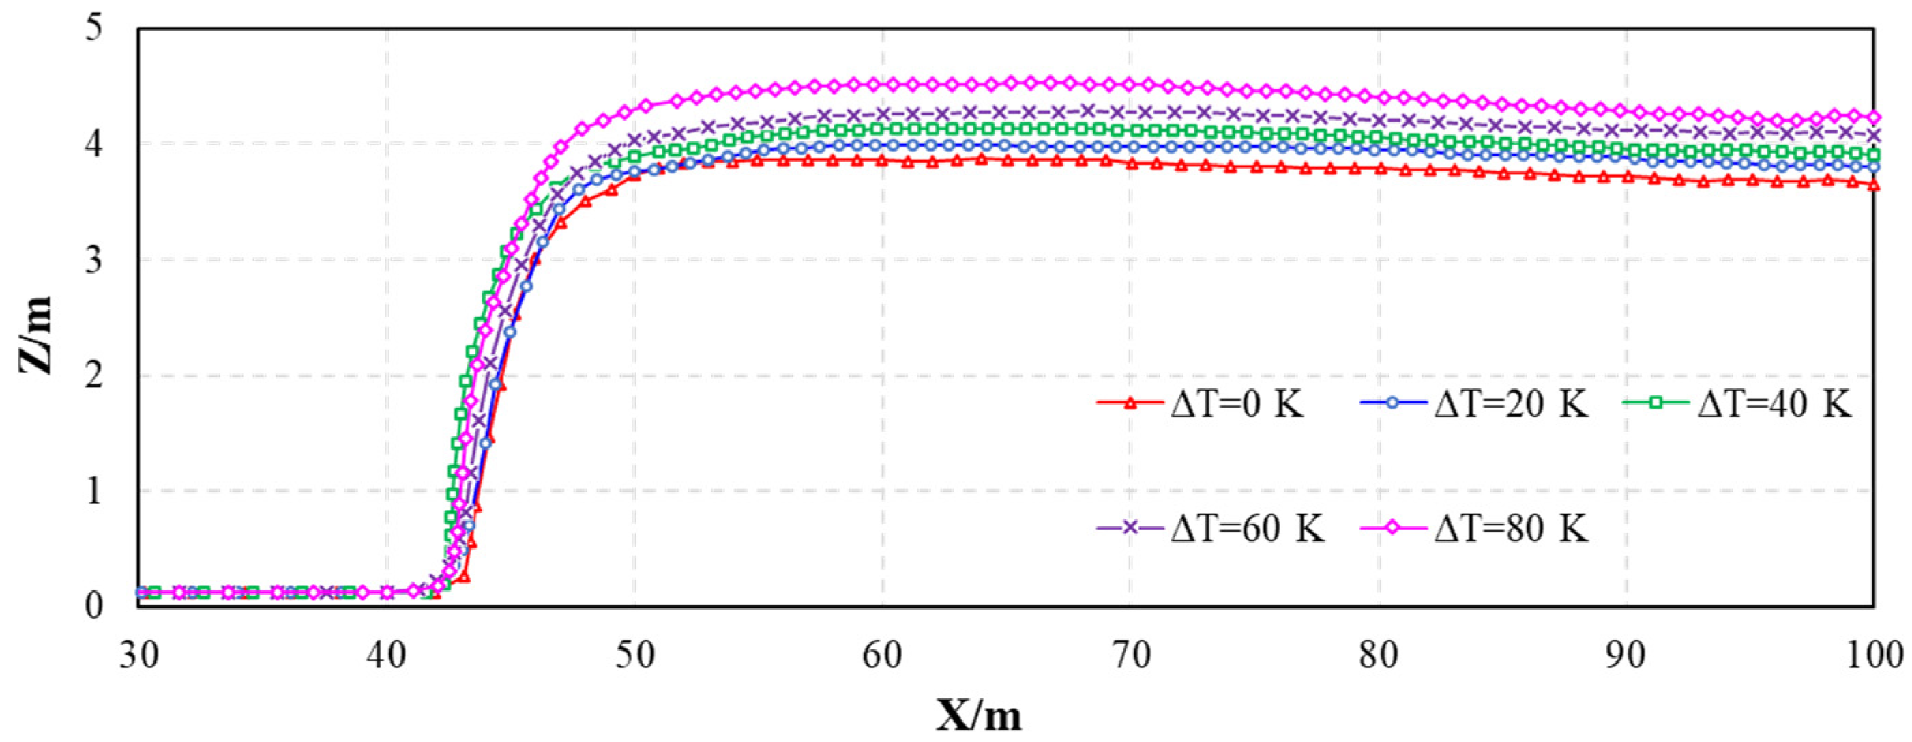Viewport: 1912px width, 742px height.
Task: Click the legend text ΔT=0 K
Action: click(1237, 405)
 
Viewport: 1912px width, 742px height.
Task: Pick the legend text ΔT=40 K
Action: click(1775, 405)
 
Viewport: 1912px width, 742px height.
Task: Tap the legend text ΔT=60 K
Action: click(1247, 529)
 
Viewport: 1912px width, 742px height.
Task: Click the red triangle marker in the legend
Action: click(1130, 403)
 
